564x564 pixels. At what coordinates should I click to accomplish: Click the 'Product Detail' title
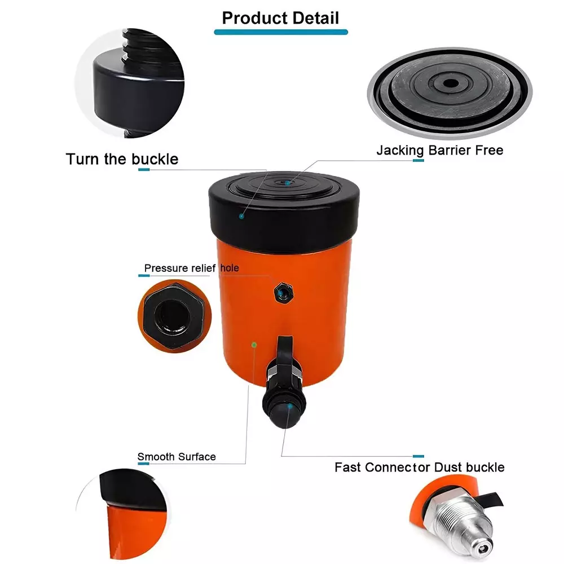click(280, 17)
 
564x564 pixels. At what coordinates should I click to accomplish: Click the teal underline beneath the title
click(280, 32)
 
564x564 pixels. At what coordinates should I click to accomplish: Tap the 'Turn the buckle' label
click(122, 159)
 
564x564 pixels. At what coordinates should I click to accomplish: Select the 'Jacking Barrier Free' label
click(439, 151)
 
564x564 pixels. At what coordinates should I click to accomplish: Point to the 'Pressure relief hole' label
click(191, 268)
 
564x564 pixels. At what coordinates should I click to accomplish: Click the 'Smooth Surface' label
click(177, 456)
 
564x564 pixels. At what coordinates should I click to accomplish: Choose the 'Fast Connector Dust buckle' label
click(419, 467)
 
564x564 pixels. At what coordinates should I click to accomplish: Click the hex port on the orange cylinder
click(280, 292)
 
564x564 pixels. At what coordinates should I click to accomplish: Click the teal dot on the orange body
click(254, 344)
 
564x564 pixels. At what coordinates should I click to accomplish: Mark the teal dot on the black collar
click(241, 215)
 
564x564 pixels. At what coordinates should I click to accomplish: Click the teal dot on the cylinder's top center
click(287, 182)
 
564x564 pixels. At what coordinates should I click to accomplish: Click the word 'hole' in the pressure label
click(229, 268)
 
